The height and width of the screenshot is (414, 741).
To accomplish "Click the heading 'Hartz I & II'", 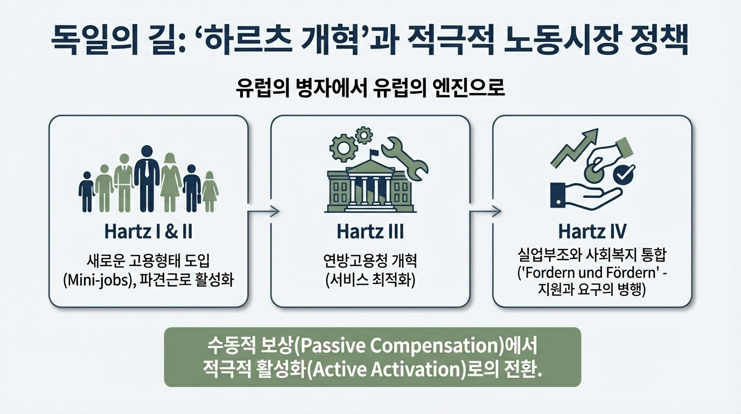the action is tap(148, 232).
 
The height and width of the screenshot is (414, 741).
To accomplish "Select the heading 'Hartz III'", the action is tap(370, 232).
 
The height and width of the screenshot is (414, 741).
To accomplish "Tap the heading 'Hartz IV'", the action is tap(592, 232).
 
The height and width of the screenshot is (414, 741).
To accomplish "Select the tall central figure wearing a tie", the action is tap(146, 178).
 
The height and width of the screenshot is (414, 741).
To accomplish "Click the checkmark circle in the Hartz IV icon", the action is tap(625, 175).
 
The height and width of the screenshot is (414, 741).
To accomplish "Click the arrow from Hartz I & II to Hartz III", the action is tap(264, 211).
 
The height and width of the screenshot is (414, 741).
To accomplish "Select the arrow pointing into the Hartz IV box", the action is tap(486, 211).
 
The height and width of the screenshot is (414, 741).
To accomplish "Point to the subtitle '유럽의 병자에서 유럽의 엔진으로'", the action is tap(370, 88).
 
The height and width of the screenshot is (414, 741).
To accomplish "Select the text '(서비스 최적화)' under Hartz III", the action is tap(370, 281).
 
